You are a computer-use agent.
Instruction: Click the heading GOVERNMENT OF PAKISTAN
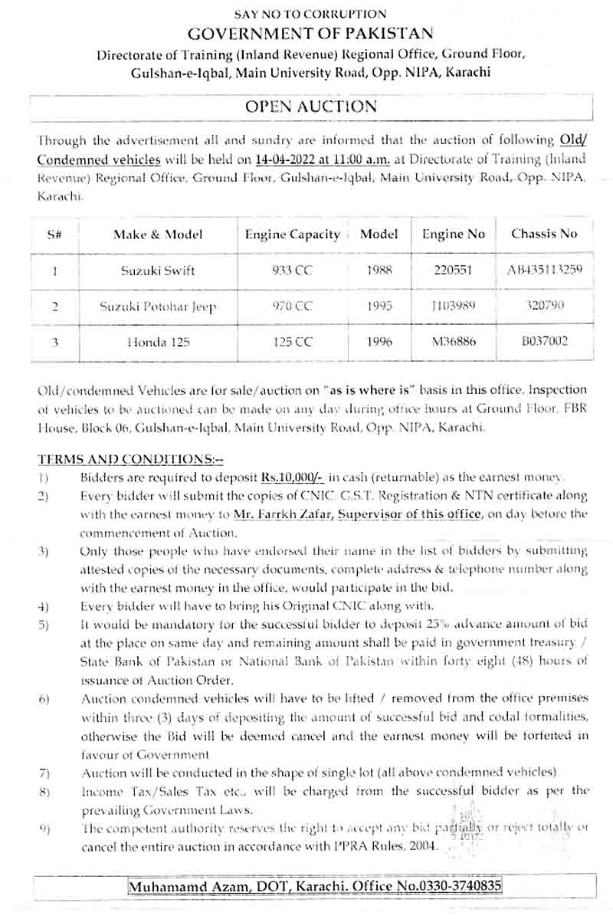tap(310, 34)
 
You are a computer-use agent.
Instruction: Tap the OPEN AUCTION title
tap(310, 107)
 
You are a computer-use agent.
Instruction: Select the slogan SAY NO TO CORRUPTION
tap(310, 14)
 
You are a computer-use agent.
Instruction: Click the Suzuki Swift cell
tap(158, 270)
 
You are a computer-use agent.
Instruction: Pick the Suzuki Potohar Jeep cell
tap(158, 306)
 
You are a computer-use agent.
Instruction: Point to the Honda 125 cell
tap(158, 342)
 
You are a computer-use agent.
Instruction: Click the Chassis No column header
tap(544, 234)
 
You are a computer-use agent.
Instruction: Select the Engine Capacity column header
tap(292, 235)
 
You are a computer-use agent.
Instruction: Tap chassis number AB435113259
tap(544, 270)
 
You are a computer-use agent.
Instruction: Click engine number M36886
tap(454, 342)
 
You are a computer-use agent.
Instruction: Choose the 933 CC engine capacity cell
tap(292, 270)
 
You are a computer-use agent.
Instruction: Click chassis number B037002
tap(544, 341)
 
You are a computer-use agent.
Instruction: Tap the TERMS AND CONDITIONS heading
tap(131, 459)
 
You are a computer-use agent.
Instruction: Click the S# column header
tap(54, 235)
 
